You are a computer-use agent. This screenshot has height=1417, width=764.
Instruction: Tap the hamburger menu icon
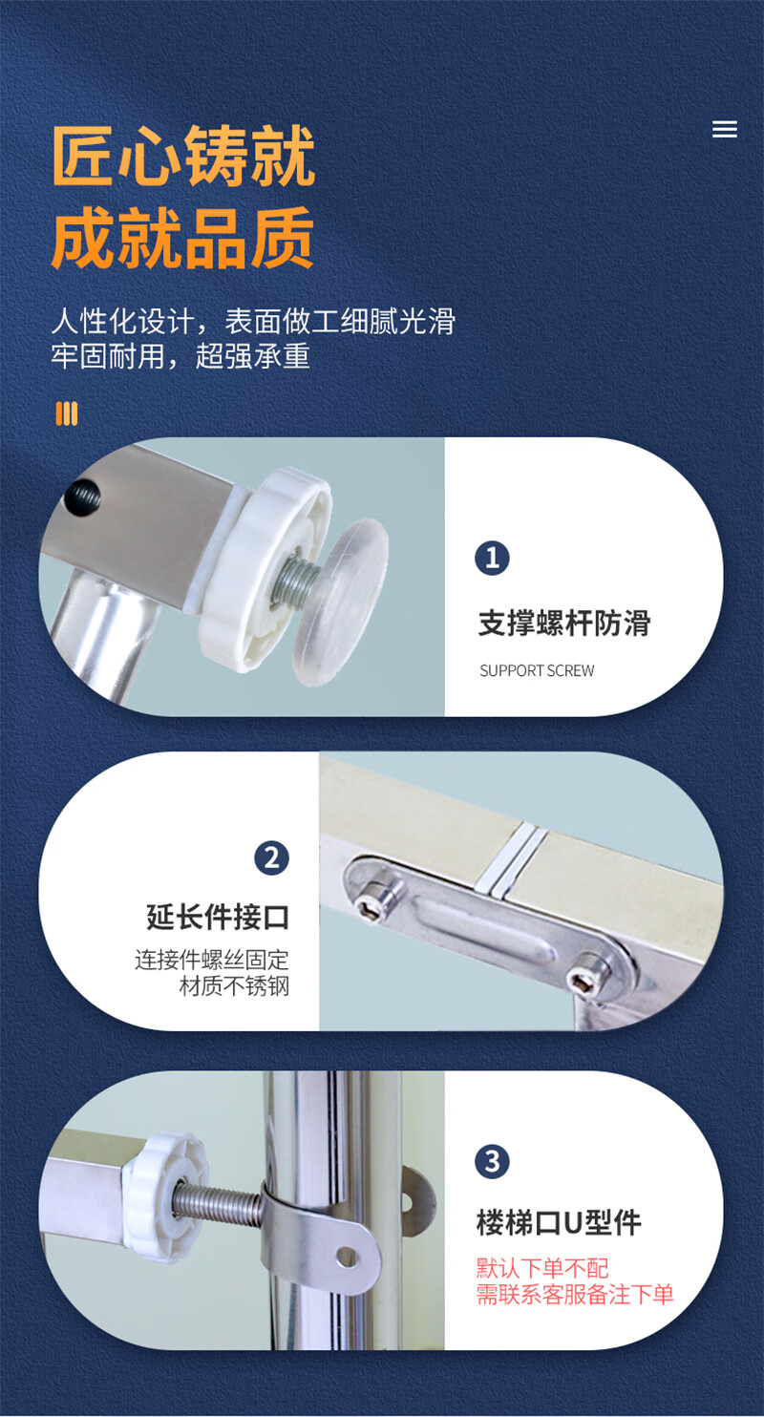(x=724, y=129)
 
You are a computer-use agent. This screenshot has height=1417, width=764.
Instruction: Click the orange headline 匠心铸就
(x=183, y=156)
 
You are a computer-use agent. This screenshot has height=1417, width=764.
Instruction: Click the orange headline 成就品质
(x=182, y=238)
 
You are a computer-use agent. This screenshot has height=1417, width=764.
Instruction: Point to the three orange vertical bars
(x=67, y=413)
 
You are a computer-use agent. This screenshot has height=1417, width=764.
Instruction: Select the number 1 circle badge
(x=492, y=558)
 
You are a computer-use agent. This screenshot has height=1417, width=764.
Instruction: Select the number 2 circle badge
(x=271, y=858)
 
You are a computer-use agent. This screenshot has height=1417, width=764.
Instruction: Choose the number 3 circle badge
(x=492, y=1161)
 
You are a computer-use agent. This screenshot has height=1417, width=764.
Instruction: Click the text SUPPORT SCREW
(x=537, y=670)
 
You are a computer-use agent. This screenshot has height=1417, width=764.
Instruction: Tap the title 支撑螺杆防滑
(x=564, y=624)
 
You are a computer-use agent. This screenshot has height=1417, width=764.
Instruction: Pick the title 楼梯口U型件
(x=559, y=1223)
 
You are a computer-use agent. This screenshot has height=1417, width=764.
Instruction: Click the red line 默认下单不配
(x=542, y=1268)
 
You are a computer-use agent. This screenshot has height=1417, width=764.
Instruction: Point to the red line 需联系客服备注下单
(x=575, y=1294)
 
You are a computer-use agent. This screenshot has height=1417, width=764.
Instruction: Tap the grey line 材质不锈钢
(x=234, y=986)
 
